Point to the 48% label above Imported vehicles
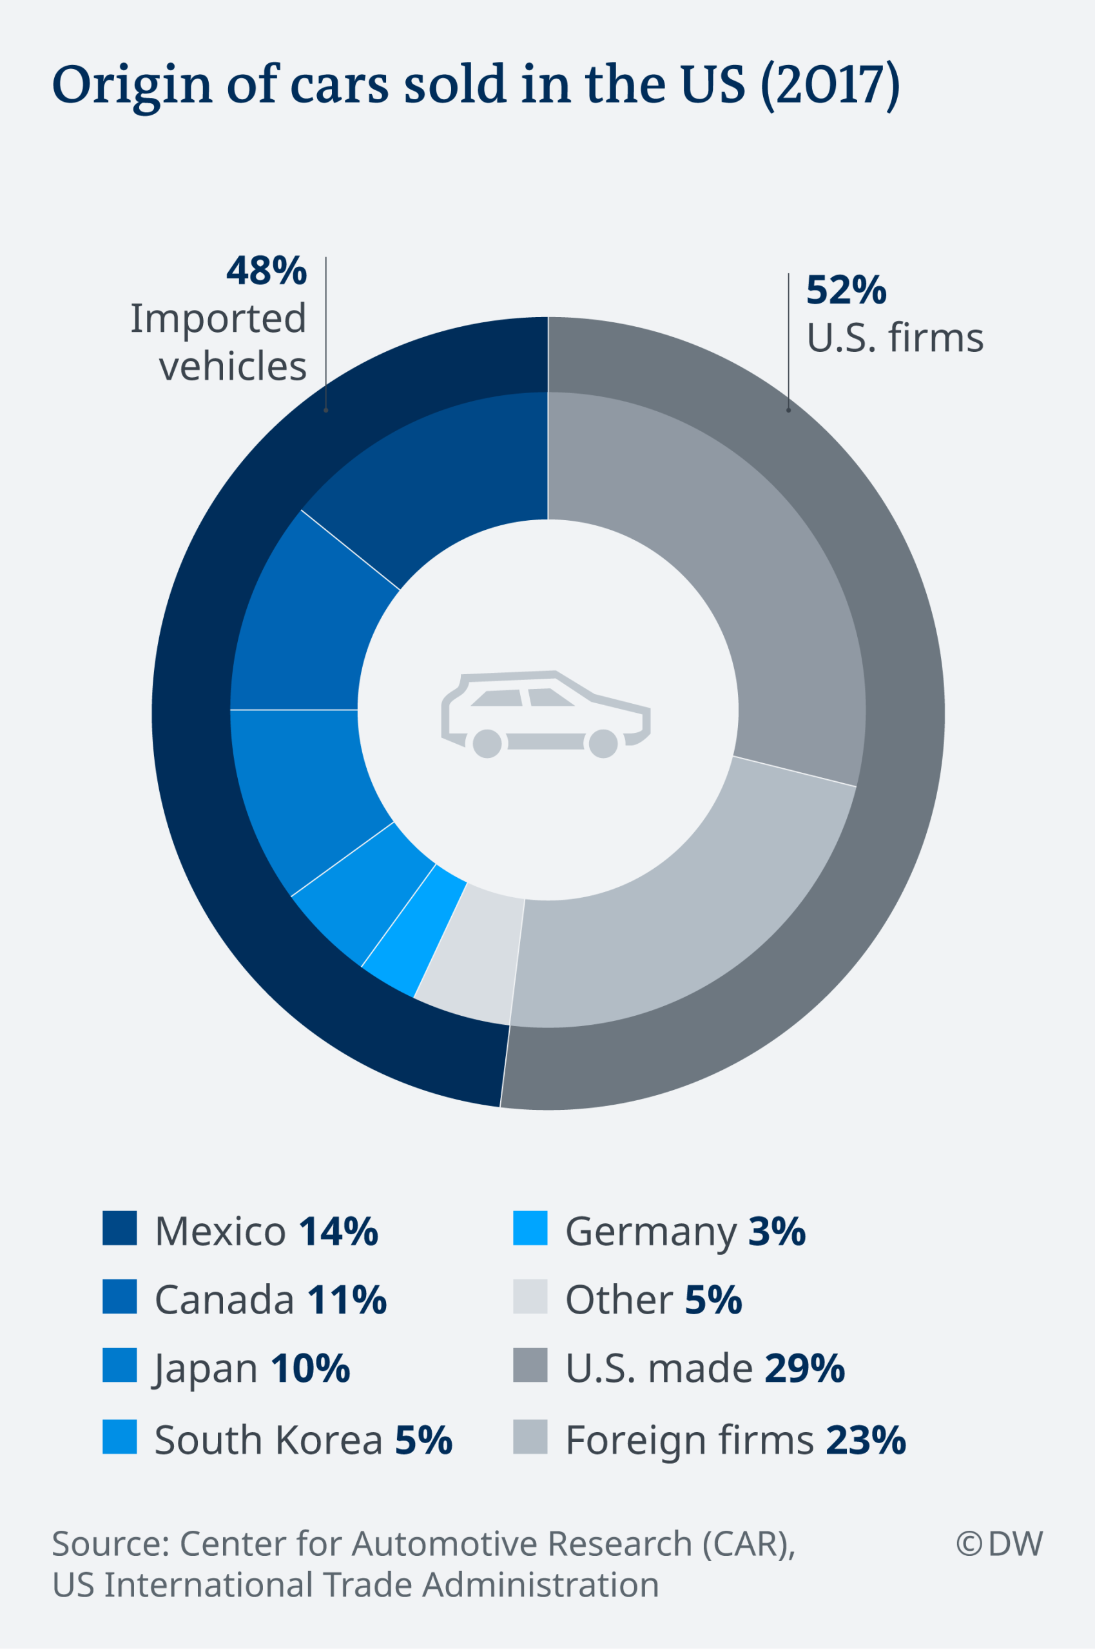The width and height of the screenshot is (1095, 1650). coord(266,271)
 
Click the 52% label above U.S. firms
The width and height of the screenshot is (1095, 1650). coord(846,291)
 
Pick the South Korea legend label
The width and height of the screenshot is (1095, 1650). coord(268,1440)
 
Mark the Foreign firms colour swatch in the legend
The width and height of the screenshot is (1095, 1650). coord(530,1437)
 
